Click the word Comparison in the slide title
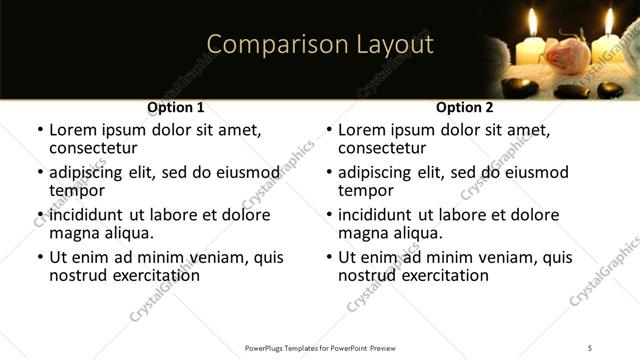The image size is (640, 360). [x=265, y=45]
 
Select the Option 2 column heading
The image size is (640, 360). [x=465, y=107]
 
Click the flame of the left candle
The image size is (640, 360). [x=532, y=22]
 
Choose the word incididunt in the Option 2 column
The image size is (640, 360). [x=381, y=215]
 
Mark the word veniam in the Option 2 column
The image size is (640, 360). [x=496, y=257]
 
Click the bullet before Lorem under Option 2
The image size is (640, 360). [x=329, y=131]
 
